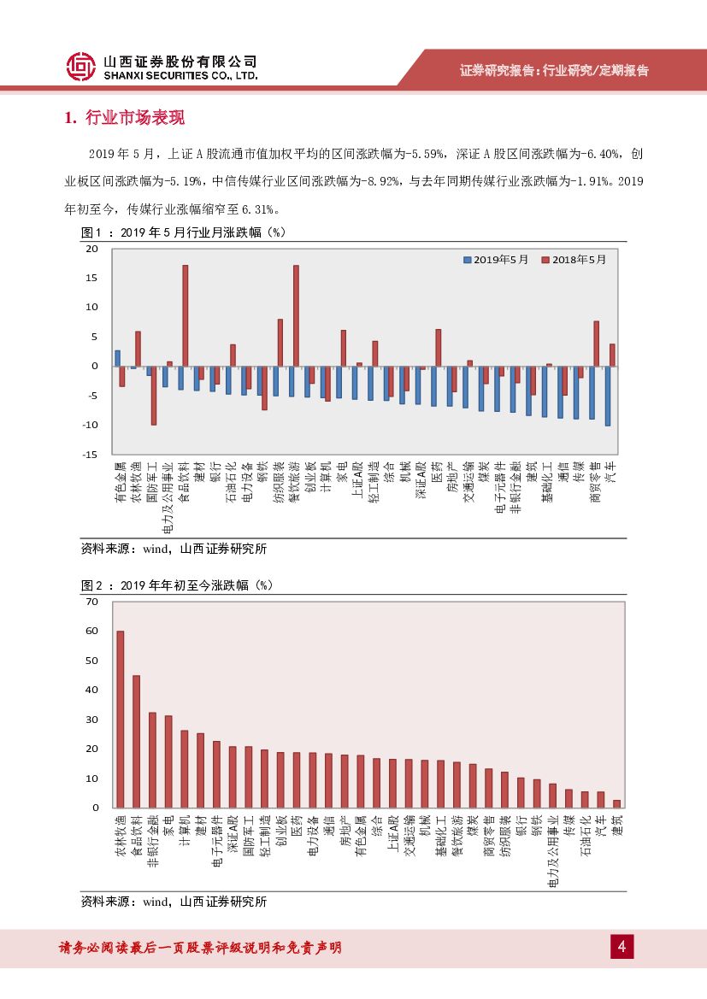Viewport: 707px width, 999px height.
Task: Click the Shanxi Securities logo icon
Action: [80, 68]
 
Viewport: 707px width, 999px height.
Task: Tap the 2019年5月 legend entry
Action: [496, 259]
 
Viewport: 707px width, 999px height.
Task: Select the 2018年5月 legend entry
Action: [573, 259]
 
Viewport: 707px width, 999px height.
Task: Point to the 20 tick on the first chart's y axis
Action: [92, 249]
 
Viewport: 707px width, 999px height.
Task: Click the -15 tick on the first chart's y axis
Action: [90, 454]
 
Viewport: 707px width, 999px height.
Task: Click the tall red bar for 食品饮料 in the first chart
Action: [185, 315]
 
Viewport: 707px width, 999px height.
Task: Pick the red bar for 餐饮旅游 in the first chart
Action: [296, 315]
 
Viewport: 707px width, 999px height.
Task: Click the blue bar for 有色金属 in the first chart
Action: [118, 357]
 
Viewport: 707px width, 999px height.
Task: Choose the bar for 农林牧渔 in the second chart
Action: [121, 719]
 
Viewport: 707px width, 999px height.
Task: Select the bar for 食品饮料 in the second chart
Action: [137, 741]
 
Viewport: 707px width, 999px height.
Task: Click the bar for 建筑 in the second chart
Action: [617, 803]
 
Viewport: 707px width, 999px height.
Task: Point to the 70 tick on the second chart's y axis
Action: [92, 602]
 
